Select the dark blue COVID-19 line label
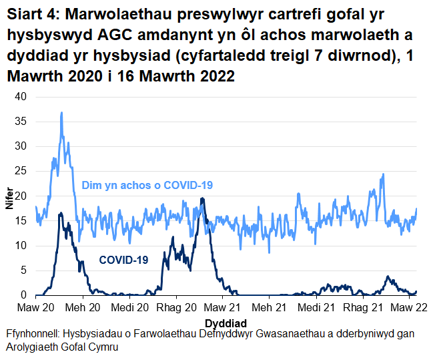(123, 260)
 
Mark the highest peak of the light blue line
(61, 113)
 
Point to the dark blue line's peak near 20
(201, 198)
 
